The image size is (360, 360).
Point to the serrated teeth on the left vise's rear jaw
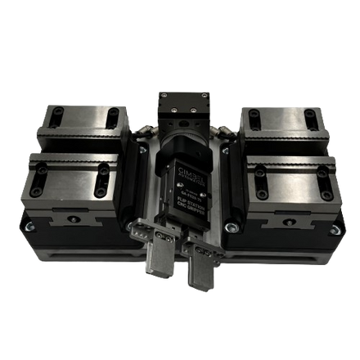pyautogui.click(x=82, y=135)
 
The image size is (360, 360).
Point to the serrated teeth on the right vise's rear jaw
pyautogui.click(x=278, y=135)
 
